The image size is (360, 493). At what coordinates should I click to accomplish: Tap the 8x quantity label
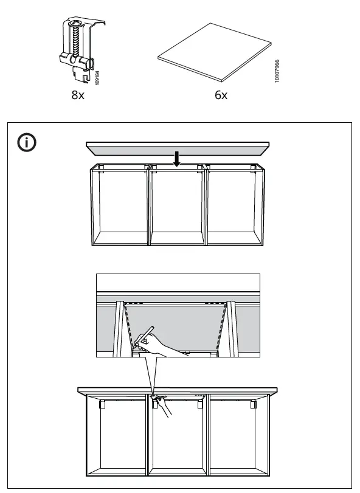tap(77, 96)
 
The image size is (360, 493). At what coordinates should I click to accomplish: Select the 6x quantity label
tap(221, 96)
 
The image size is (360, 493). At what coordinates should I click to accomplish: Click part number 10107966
tap(277, 71)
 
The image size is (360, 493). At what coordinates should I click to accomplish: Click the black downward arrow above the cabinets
tap(176, 159)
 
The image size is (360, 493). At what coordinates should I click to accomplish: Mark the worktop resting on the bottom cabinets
tap(177, 390)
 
